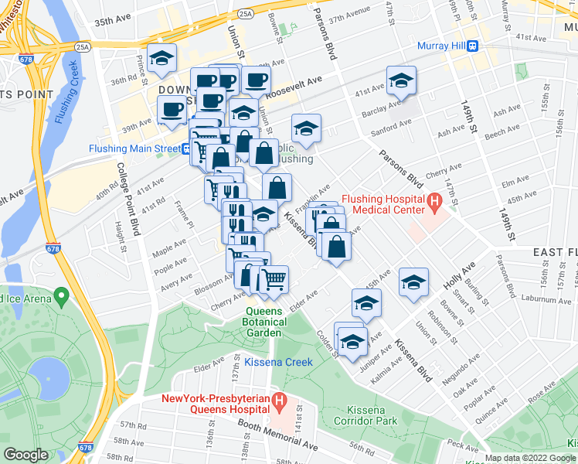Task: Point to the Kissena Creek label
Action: coord(278,362)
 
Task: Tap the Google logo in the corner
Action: coord(25,455)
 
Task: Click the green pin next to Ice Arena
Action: coord(60,297)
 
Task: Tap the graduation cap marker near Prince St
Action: coord(162,59)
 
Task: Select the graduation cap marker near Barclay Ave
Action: coord(401,81)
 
